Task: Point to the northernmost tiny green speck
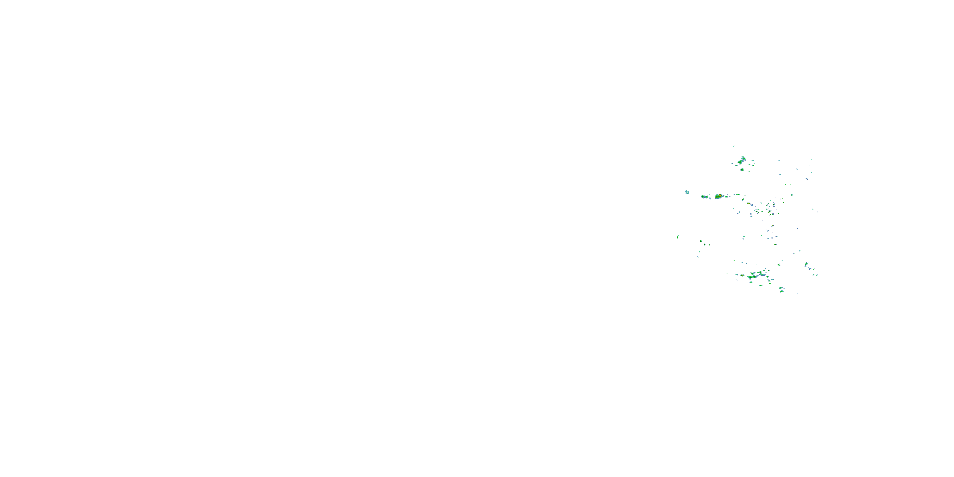(x=734, y=146)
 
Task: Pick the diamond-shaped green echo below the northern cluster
(x=742, y=169)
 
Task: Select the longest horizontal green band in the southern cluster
(x=752, y=277)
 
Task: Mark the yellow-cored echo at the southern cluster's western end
(x=743, y=275)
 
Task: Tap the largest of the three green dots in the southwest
(x=701, y=241)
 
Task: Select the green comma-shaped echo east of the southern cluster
(x=806, y=265)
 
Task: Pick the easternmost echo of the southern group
(x=817, y=275)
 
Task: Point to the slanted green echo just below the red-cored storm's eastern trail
(x=743, y=200)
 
